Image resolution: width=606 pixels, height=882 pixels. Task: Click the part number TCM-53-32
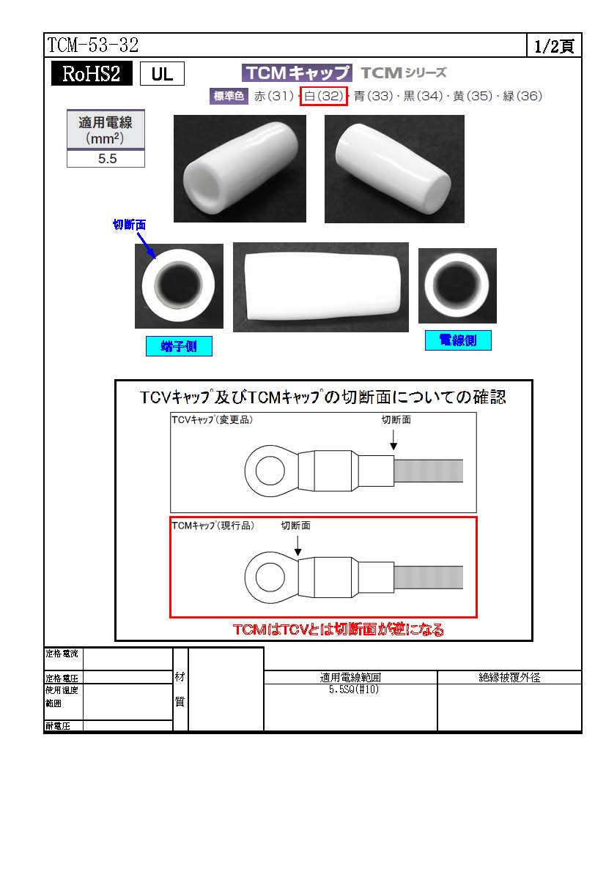(92, 45)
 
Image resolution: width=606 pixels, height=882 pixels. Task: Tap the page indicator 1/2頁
(554, 46)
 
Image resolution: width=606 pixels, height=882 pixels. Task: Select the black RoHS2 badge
(92, 73)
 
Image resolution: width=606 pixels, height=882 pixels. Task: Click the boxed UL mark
(162, 74)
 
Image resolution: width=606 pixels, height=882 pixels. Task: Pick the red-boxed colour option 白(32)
(323, 96)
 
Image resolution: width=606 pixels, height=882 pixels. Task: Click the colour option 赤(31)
(274, 96)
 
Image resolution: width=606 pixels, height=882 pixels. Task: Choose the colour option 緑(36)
(522, 96)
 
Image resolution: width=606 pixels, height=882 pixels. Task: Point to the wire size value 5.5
(107, 159)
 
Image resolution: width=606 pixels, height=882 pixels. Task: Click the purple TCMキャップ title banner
(297, 73)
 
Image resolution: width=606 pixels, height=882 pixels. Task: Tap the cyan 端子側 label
(179, 346)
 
